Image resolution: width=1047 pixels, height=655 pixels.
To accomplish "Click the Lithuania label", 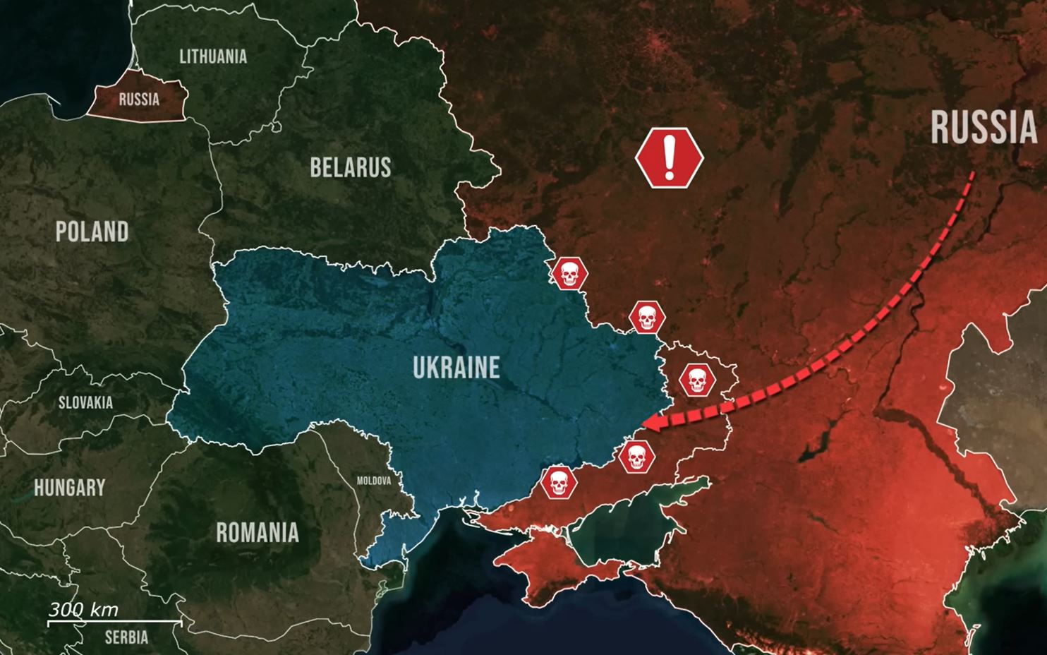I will click(x=213, y=56).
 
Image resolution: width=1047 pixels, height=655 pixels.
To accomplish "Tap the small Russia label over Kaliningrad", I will click(x=139, y=99).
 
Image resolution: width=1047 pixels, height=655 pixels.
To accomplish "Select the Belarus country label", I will click(x=350, y=167).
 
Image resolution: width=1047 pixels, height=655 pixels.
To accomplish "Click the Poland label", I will click(x=92, y=232).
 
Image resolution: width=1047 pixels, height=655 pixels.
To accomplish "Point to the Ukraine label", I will click(x=456, y=367).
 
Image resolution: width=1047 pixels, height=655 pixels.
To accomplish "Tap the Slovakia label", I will click(x=85, y=402).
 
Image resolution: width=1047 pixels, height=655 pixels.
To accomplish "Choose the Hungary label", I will click(x=69, y=487).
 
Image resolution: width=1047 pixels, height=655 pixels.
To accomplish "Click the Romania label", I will click(x=257, y=532).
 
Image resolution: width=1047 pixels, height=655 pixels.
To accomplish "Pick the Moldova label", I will click(x=373, y=481).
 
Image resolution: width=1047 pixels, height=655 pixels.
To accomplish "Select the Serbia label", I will click(x=126, y=637).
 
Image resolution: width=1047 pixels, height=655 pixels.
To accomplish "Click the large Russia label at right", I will click(x=984, y=128).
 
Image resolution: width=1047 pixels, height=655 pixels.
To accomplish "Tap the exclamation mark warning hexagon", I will click(x=670, y=157).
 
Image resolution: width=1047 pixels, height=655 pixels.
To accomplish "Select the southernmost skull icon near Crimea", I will click(x=559, y=483).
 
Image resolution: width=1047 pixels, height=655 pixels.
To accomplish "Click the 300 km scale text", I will click(x=83, y=610).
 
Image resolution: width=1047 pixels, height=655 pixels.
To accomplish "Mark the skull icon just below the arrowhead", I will click(x=636, y=457).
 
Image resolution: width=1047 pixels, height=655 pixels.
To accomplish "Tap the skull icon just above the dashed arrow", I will click(x=697, y=380).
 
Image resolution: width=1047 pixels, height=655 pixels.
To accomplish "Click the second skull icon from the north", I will click(x=646, y=318).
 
